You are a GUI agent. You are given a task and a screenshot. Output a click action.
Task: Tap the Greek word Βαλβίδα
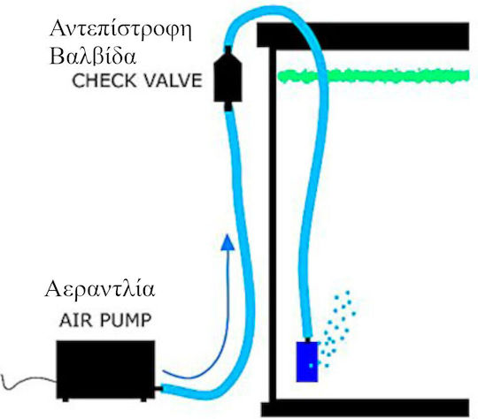pos(93,56)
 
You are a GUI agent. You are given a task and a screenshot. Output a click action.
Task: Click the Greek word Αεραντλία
pos(100,288)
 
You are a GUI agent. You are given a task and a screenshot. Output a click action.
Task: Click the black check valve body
pos(227,77)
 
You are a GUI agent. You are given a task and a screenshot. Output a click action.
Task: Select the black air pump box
pos(105,369)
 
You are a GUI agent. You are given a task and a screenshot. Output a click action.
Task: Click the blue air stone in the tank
pos(307,362)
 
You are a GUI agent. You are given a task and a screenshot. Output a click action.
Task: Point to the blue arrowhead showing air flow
pos(227,242)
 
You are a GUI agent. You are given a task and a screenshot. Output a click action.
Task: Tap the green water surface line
pos(374,76)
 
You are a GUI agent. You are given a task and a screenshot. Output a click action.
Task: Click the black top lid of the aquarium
pos(363,36)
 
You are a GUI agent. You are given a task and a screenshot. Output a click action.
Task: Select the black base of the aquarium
pos(366,408)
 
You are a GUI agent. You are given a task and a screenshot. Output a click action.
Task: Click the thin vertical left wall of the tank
pos(273,224)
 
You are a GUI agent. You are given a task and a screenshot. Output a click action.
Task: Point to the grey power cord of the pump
pos(28,383)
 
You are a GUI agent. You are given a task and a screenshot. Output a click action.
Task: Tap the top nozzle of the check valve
pos(228,49)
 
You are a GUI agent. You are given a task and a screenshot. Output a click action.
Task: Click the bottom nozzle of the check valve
pos(228,106)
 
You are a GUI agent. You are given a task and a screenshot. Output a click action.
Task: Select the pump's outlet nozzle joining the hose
pos(158,389)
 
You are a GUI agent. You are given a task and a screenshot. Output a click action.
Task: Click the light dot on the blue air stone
pos(311,365)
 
